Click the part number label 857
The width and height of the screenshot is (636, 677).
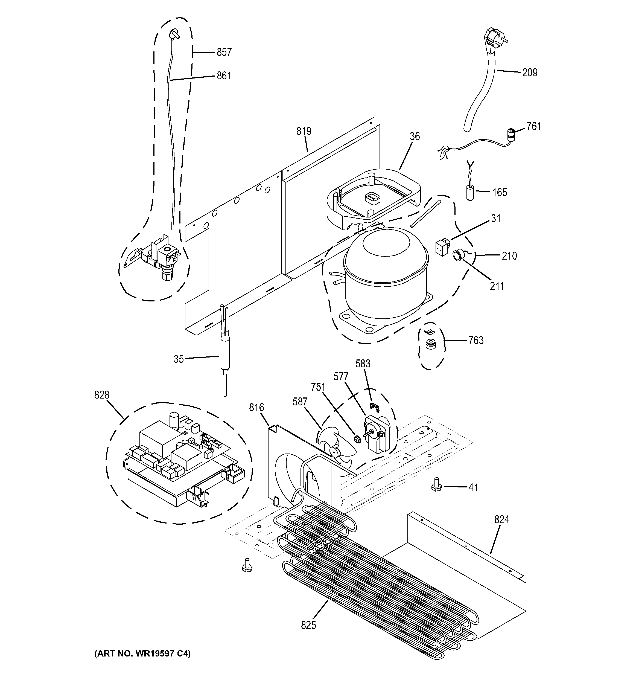224,52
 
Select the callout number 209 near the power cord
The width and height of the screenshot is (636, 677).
530,72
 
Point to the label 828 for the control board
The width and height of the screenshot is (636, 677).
102,395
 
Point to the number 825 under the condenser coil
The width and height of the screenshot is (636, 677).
308,625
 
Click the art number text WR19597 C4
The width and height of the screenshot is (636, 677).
142,653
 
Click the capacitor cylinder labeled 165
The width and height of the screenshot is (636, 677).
470,192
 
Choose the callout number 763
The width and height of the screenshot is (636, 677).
476,340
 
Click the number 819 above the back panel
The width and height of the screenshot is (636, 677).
304,131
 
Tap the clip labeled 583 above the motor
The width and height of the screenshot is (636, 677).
374,406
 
